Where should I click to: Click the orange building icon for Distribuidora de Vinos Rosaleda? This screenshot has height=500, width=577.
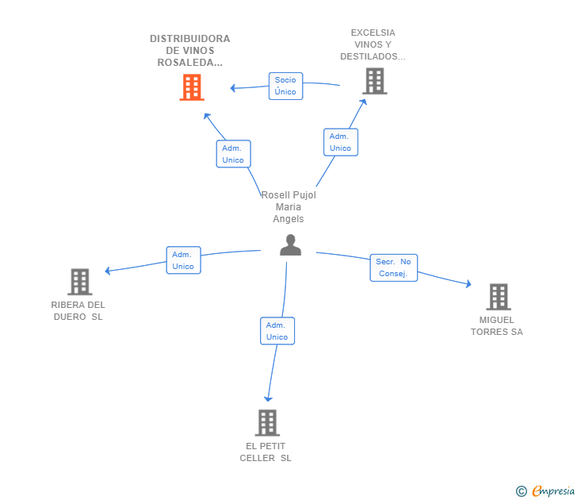192,87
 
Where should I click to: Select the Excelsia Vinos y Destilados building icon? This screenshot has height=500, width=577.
375,81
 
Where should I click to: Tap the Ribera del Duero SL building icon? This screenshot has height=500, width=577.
79,282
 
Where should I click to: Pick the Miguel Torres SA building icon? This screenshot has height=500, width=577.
498,297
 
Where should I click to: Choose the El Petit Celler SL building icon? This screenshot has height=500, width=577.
267,422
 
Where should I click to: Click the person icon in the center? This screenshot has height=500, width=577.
290,245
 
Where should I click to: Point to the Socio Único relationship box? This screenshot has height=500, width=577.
285,86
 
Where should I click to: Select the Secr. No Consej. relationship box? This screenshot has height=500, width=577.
393,267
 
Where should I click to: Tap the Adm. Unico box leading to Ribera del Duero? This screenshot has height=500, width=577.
183,260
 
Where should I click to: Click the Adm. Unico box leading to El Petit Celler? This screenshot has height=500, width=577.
277,331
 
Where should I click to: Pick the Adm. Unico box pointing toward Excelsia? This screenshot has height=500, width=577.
340,142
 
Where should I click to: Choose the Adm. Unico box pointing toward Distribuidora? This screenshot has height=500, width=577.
233,154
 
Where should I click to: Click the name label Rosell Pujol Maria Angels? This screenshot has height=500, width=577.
288,207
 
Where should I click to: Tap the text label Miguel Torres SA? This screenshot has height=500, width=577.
497,326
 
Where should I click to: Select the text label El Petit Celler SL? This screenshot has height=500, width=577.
266,452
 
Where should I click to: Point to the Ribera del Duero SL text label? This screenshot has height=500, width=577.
78,311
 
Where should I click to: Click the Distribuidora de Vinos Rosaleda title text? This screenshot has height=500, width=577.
190,51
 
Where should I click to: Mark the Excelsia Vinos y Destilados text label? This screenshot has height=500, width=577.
373,44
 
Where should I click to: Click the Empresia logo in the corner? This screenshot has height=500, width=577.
546,490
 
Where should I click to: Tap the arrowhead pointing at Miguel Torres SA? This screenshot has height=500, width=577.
469,284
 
